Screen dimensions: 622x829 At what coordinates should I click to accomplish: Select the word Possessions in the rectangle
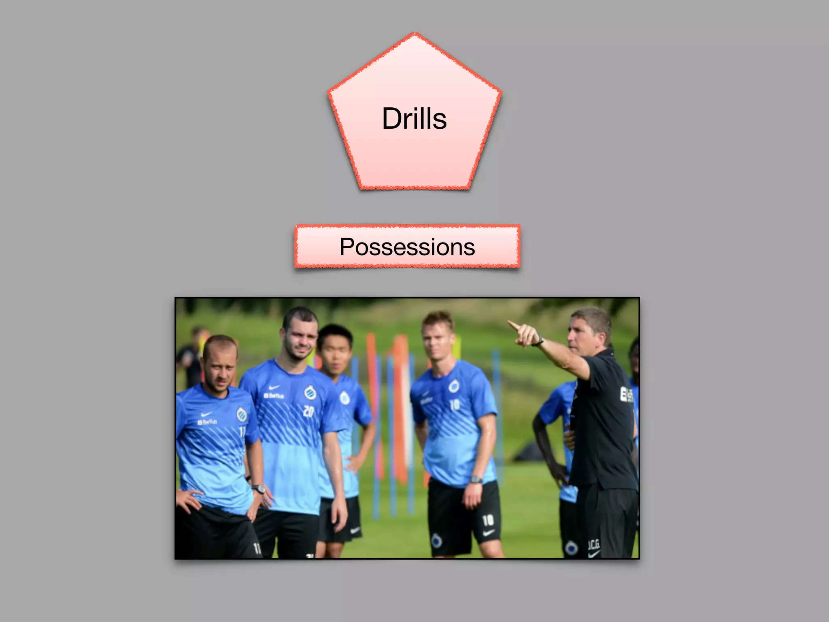407,247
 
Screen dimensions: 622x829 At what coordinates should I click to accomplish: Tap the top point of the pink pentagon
414,34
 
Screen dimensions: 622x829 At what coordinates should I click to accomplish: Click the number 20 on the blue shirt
308,411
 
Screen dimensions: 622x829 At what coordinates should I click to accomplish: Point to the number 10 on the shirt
455,404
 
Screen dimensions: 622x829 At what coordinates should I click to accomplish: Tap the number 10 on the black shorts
488,520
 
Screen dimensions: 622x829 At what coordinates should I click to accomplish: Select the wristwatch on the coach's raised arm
539,341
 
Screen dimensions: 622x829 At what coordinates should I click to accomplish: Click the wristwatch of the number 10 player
476,480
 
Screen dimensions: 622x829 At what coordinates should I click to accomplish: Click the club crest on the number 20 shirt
310,392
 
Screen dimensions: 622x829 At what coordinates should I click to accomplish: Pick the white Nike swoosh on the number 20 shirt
274,387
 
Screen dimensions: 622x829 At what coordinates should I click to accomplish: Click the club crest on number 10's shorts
436,540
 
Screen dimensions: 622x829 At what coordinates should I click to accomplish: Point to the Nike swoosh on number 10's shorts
489,533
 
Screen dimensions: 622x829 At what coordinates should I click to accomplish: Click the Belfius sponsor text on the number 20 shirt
274,396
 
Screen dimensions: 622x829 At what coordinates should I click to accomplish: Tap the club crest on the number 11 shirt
242,414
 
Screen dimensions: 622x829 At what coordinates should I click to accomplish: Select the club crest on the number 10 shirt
454,386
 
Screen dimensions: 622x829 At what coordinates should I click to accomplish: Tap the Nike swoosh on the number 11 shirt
206,414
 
